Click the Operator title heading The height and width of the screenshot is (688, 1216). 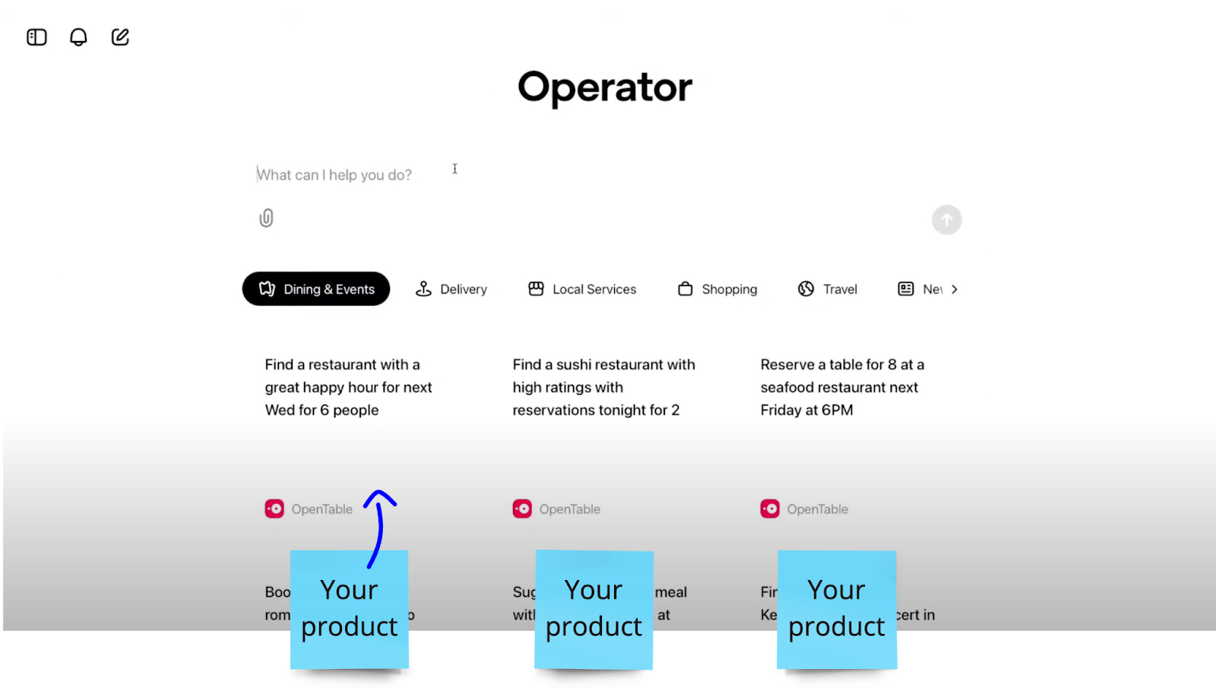[605, 87]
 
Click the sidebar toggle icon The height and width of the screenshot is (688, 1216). [36, 37]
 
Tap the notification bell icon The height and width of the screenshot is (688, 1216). [78, 37]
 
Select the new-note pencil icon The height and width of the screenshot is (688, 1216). [120, 37]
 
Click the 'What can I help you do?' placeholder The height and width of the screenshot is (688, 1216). [334, 175]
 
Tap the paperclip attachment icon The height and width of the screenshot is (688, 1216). [266, 218]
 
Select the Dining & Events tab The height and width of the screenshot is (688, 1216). [316, 289]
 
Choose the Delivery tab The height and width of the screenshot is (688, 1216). [451, 289]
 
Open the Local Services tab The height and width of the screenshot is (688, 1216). [582, 289]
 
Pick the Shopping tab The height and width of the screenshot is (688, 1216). [717, 289]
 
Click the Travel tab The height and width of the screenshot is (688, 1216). [828, 289]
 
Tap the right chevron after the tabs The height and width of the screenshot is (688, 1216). [955, 289]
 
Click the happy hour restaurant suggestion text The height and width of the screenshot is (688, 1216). [348, 387]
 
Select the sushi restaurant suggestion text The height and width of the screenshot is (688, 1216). [603, 387]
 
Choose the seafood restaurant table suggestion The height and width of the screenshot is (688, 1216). [842, 387]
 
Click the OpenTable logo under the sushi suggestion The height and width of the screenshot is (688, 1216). [522, 509]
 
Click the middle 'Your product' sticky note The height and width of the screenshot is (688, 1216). [594, 609]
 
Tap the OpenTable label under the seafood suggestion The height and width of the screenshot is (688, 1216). [817, 509]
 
